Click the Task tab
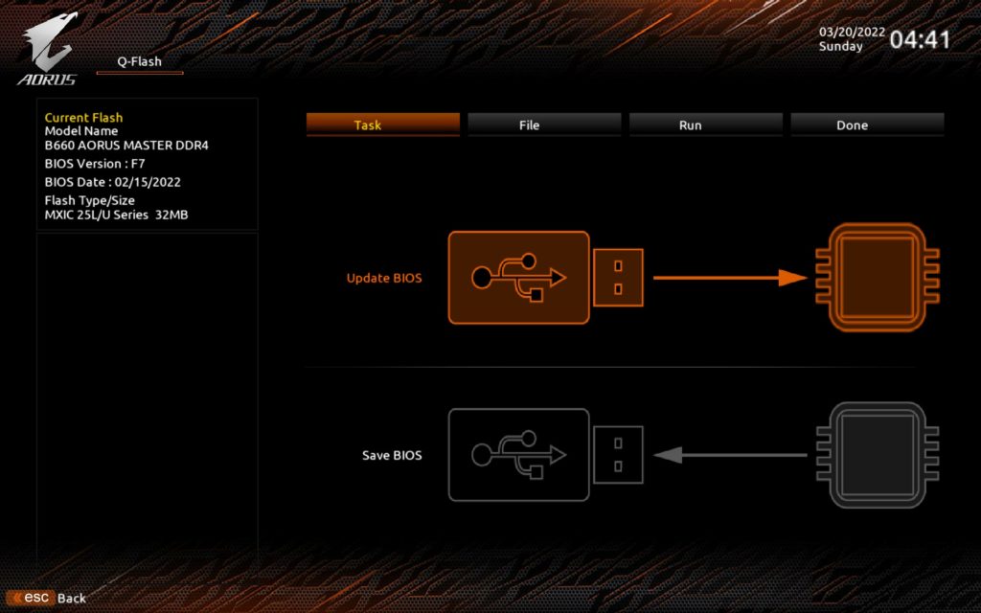(383, 125)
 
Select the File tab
(544, 125)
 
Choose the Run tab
(706, 125)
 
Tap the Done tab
(867, 125)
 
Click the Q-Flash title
(140, 61)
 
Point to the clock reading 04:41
(920, 40)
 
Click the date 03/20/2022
(852, 32)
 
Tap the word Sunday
(841, 46)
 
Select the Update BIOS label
(384, 278)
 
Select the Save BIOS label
(392, 455)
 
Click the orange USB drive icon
(545, 278)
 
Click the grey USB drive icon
(545, 455)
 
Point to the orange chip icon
(878, 277)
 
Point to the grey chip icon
(878, 455)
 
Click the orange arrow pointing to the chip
(731, 278)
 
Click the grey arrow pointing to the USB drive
(731, 455)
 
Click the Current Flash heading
(84, 117)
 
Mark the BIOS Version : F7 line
(95, 163)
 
